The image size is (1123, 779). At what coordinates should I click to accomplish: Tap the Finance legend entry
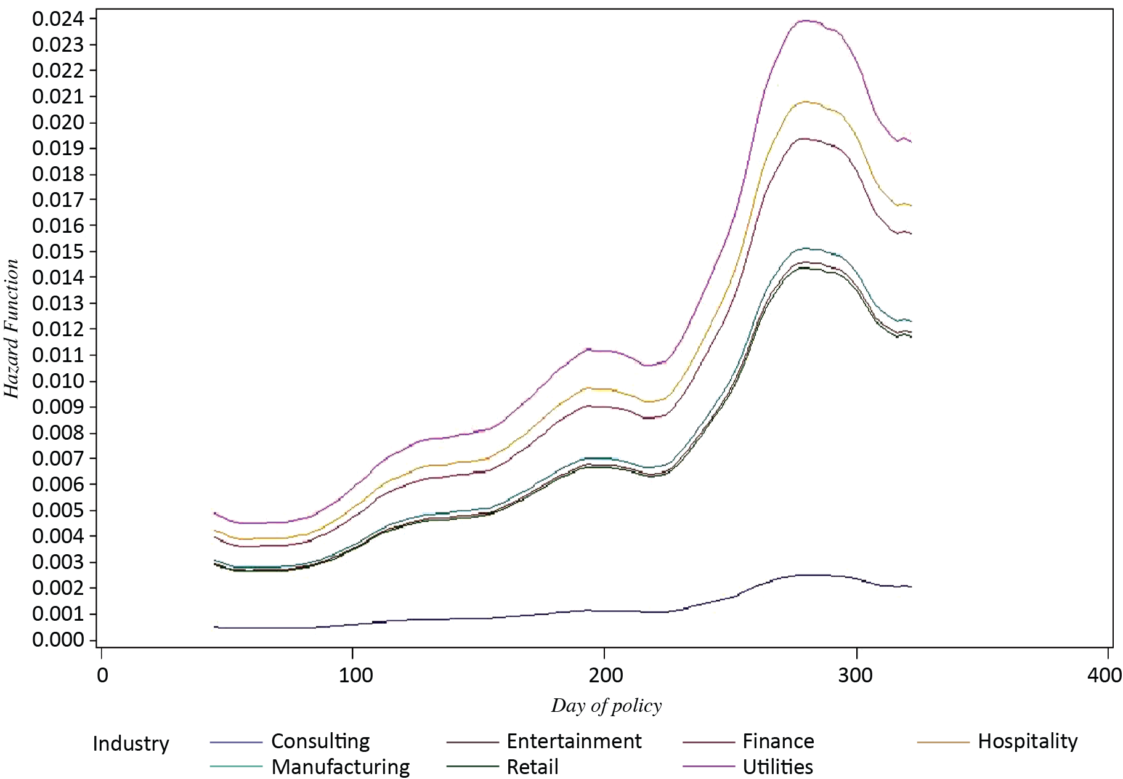[x=778, y=741]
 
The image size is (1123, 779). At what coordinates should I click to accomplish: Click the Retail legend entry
[x=532, y=767]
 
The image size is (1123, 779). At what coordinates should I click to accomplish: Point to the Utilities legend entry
[x=777, y=767]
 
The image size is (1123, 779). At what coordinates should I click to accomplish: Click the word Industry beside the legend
[x=131, y=744]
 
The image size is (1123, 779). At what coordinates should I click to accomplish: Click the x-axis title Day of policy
[x=606, y=706]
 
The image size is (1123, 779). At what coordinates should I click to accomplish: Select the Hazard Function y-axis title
[x=12, y=329]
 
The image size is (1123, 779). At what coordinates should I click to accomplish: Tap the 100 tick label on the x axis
[x=355, y=676]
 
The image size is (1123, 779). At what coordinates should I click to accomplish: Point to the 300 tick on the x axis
[x=856, y=676]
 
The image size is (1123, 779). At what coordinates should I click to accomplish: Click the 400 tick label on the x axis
[x=1105, y=676]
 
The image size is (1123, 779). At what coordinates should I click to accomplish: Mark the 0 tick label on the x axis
[x=102, y=676]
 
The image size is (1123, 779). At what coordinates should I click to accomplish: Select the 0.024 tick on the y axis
[x=57, y=19]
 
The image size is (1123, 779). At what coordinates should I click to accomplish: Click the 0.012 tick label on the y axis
[x=57, y=329]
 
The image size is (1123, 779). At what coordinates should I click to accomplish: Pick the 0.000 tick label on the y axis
[x=57, y=640]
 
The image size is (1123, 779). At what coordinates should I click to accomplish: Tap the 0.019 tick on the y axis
[x=57, y=148]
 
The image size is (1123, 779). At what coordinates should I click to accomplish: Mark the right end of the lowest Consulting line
[x=911, y=587]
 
